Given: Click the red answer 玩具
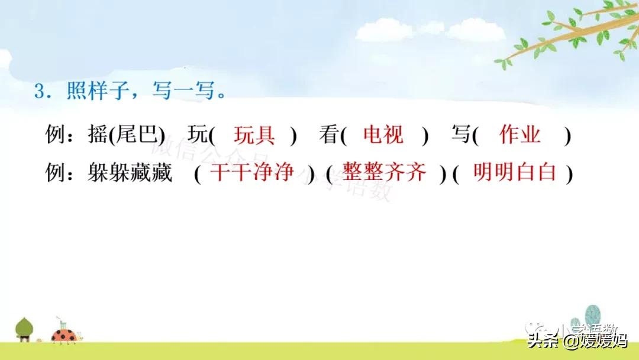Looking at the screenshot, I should pos(254,136).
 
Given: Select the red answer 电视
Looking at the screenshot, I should pos(383,136).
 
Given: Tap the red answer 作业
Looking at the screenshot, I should pos(520,136).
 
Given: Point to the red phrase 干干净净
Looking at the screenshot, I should pos(252,173).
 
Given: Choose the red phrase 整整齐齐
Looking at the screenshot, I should pos(384,173).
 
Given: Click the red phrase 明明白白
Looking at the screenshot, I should pos(515,173).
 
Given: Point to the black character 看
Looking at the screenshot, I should pos(328,136).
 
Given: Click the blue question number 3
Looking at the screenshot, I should pos(39,93).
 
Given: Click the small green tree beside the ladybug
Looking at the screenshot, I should pos(24,329).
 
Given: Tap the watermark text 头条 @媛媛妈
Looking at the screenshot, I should pos(577,341).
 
